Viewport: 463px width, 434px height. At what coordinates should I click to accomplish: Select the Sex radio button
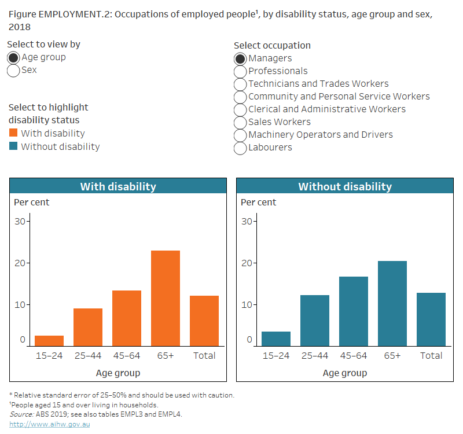coord(13,70)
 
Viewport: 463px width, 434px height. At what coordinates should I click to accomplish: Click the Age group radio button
coord(13,57)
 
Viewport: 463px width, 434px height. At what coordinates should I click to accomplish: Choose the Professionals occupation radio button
coord(240,71)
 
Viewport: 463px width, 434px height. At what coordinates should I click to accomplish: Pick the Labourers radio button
coord(240,148)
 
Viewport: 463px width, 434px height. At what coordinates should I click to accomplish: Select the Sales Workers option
coord(240,122)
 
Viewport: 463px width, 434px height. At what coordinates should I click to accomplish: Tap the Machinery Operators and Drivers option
coord(240,135)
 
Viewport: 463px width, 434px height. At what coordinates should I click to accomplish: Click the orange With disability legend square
coord(13,134)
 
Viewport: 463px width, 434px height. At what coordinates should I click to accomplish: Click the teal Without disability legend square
coord(13,147)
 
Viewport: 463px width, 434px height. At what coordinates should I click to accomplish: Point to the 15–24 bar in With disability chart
coord(49,340)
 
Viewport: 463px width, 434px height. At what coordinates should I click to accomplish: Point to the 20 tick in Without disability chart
coord(247,263)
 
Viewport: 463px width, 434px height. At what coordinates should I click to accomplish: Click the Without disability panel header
coord(344,186)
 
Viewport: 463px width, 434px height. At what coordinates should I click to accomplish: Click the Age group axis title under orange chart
coord(117,373)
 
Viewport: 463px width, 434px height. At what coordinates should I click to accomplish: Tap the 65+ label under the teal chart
coord(392,355)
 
